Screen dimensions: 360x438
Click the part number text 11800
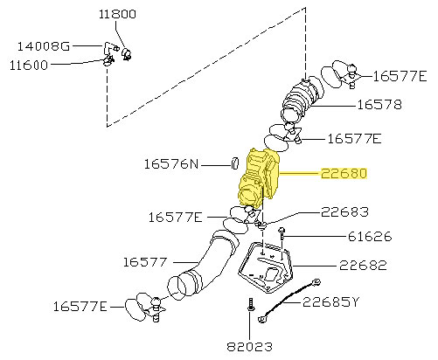[x=117, y=15]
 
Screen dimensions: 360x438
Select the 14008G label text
[x=42, y=45]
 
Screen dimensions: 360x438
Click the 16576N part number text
[x=171, y=163]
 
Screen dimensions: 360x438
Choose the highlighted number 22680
[x=343, y=174]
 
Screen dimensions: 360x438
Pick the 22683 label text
[x=344, y=211]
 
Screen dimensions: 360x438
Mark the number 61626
[x=367, y=236]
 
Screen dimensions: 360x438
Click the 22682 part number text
[x=363, y=265]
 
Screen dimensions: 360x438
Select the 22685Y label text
[x=330, y=302]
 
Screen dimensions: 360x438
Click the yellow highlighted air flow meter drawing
[x=259, y=179]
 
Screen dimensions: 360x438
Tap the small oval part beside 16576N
[x=234, y=162]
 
